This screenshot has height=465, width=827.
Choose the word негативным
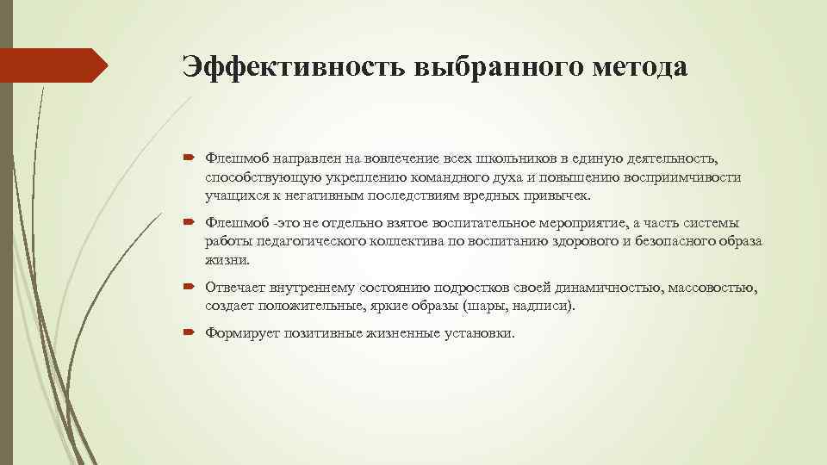[x=304, y=195]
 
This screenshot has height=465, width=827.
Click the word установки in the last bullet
[x=478, y=332]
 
